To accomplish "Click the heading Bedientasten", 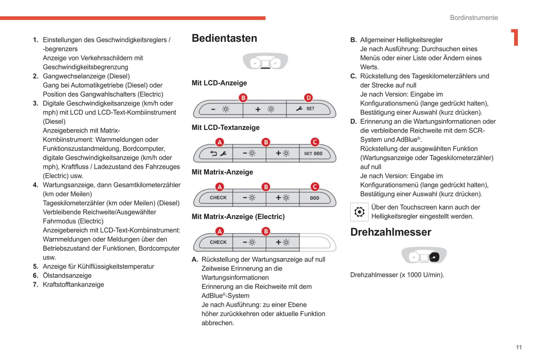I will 224,38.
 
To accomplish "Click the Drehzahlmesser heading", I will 391,232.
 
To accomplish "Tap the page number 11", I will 519,347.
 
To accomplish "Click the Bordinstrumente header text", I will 473,18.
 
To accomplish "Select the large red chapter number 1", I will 515,37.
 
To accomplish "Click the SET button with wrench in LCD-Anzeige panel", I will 308,109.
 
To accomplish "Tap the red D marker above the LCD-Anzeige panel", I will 308,98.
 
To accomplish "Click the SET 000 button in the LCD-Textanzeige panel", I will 314,153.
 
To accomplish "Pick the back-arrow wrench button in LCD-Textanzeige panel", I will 218,153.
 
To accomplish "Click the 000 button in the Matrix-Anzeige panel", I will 315,198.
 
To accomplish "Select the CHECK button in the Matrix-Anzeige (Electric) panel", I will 218,242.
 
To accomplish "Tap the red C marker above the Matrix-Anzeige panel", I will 315,187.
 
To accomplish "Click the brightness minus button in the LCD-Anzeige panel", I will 220,109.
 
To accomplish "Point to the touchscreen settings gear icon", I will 359,212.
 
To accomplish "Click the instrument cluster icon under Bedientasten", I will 265,62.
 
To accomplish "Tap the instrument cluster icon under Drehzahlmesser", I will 424,256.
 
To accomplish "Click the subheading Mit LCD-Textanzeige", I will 225,128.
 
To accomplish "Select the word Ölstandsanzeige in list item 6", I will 67,276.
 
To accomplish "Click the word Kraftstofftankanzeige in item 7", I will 73,285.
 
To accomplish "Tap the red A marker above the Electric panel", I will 220,232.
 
